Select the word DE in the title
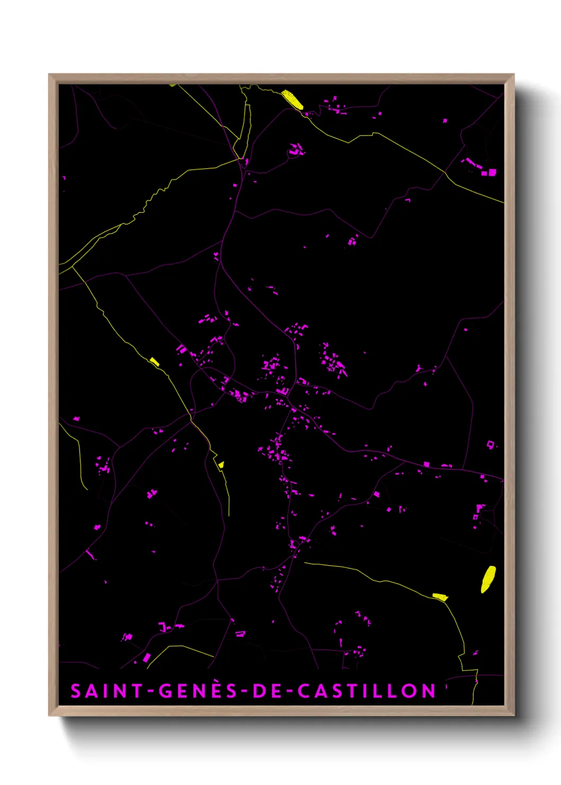[x=268, y=691]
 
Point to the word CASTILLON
[x=366, y=691]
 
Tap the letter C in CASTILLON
[x=304, y=691]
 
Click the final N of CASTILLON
[x=428, y=691]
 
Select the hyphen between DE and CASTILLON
[x=289, y=692]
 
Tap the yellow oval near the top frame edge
[x=292, y=99]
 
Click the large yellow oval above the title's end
[x=488, y=579]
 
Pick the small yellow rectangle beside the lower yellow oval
[x=440, y=597]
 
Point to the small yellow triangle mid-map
[x=221, y=465]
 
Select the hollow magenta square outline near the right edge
[x=490, y=444]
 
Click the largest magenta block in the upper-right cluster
[x=492, y=172]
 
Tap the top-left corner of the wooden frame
[x=49, y=75]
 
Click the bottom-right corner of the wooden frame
[x=514, y=715]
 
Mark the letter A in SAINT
[x=91, y=691]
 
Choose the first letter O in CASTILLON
[x=411, y=691]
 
